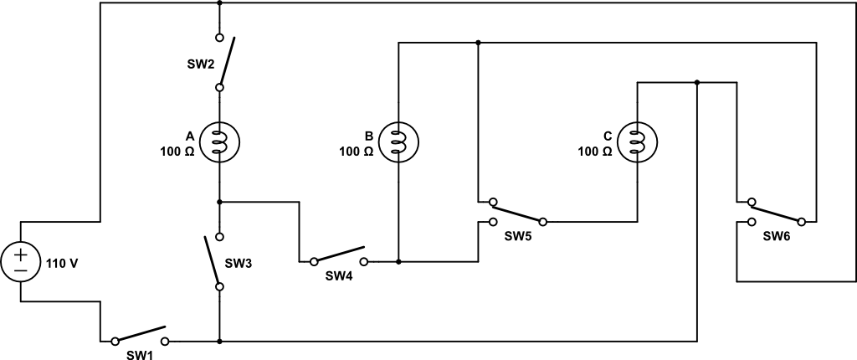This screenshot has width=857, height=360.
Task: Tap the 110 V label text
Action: [x=61, y=263]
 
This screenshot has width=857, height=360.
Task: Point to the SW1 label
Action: [x=139, y=354]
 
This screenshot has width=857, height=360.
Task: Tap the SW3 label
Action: [x=238, y=263]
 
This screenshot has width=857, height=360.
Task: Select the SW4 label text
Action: [x=339, y=276]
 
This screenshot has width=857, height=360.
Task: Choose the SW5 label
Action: [x=518, y=236]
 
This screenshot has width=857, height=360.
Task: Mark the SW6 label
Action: [x=777, y=236]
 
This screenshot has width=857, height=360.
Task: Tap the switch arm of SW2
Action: [x=227, y=61]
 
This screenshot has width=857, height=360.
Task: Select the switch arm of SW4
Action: [x=339, y=254]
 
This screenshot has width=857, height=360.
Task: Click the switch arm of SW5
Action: [x=518, y=212]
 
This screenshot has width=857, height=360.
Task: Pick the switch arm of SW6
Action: [x=777, y=212]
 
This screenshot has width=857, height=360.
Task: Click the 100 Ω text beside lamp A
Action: [x=177, y=152]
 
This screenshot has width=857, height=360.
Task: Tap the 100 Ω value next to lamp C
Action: [x=595, y=152]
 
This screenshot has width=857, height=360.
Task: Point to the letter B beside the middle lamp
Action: [x=368, y=136]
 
